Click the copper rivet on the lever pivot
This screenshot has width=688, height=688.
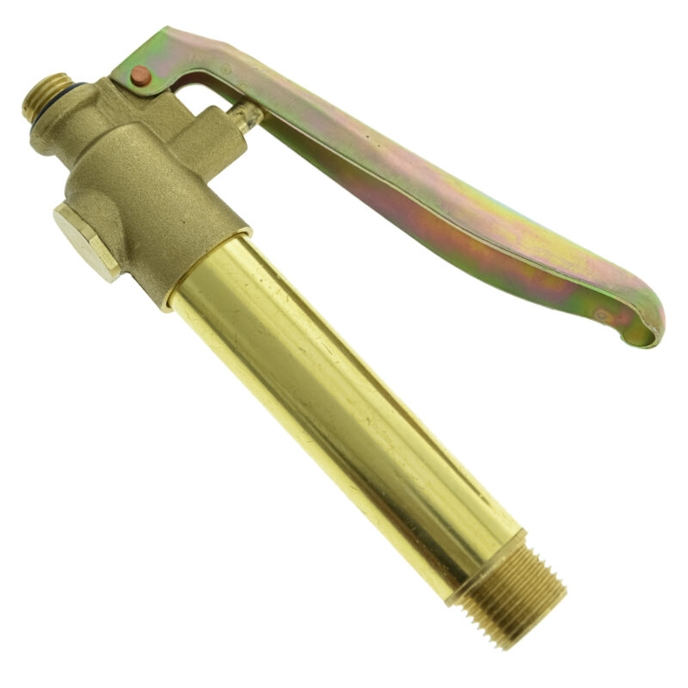(140, 77)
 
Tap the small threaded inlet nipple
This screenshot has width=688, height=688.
(46, 95)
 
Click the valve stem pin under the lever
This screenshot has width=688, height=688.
(246, 117)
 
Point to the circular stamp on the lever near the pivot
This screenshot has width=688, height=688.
(225, 68)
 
